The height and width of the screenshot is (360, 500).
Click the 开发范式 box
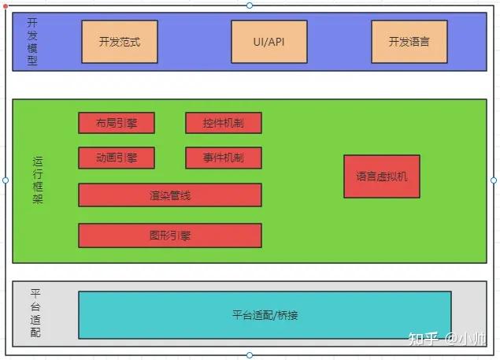[x=120, y=42]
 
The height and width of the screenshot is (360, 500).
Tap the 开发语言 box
[x=409, y=42]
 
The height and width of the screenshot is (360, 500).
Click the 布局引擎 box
[x=117, y=123]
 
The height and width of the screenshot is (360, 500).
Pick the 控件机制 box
[x=224, y=123]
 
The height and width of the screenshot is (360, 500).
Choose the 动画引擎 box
[x=117, y=158]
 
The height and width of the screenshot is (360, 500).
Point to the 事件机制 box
[x=224, y=158]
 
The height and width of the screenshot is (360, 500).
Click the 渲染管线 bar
[x=170, y=195]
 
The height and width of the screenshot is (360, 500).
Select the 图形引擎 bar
[x=170, y=235]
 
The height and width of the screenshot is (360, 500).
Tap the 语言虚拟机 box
[x=382, y=176]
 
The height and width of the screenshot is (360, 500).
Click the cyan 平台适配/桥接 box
[x=265, y=315]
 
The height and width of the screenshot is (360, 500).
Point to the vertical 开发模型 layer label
[x=32, y=41]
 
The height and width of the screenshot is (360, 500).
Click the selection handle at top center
[x=250, y=6]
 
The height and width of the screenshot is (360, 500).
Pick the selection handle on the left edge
[x=6, y=180]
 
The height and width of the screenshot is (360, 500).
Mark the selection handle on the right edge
[x=494, y=180]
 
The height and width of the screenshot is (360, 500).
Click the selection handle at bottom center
[x=250, y=354]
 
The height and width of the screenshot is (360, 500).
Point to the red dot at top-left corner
[x=6, y=6]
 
